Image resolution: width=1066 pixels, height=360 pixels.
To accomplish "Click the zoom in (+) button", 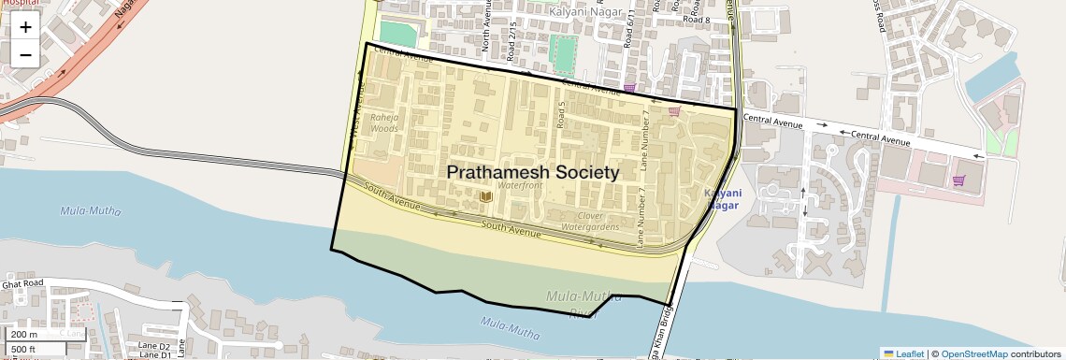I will (x=25, y=27).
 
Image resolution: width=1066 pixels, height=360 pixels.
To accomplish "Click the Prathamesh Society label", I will (x=532, y=173).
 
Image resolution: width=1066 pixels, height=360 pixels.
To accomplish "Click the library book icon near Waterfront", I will (x=485, y=195).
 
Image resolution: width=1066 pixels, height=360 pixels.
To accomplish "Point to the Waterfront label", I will (x=520, y=186).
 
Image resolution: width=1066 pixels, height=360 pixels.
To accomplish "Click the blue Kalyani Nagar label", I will (x=722, y=198).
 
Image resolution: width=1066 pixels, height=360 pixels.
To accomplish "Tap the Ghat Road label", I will (x=22, y=283).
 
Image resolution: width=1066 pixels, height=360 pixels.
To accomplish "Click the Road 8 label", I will (x=697, y=20).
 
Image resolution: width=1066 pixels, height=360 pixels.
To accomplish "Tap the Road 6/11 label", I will (x=631, y=29).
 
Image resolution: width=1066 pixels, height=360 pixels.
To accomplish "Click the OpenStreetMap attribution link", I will (x=973, y=353).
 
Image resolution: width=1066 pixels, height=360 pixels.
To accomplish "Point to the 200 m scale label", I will (x=23, y=335).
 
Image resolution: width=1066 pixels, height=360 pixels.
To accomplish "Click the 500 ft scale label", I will (x=23, y=350).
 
